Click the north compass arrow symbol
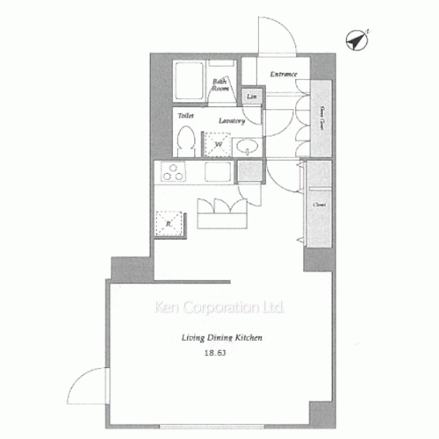(358, 40)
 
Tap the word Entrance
(283, 74)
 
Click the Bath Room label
(220, 85)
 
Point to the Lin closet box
(252, 96)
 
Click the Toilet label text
(185, 116)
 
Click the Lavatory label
(231, 120)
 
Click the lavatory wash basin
(248, 147)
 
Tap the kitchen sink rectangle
(217, 172)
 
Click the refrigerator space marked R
(169, 224)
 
